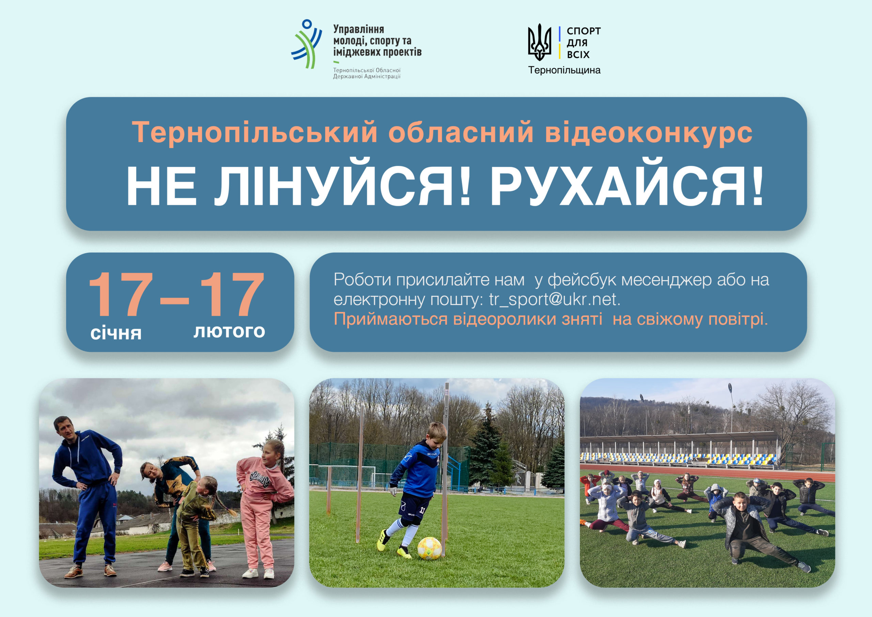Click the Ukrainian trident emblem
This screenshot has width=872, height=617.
(x=539, y=42)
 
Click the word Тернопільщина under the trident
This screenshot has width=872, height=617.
(x=564, y=70)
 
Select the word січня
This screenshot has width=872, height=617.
(x=116, y=333)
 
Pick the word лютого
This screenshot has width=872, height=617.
(x=229, y=331)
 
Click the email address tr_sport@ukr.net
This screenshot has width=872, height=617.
(x=554, y=300)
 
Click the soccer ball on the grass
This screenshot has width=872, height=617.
(x=430, y=548)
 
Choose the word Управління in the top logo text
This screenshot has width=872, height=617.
(x=359, y=29)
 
